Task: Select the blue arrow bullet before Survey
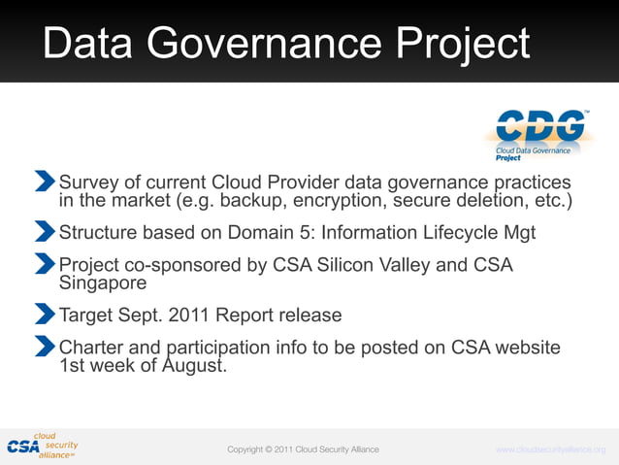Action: [x=45, y=181]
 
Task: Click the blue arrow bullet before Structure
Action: [x=45, y=231]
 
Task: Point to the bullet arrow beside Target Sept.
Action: [x=45, y=314]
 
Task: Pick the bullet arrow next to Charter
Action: [x=45, y=346]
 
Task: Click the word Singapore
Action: [x=103, y=282]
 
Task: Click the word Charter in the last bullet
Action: [x=95, y=348]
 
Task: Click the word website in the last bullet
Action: [x=526, y=348]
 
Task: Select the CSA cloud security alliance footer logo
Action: [x=42, y=446]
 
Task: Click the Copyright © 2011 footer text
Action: [x=303, y=449]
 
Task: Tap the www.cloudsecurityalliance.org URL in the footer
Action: [x=550, y=449]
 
